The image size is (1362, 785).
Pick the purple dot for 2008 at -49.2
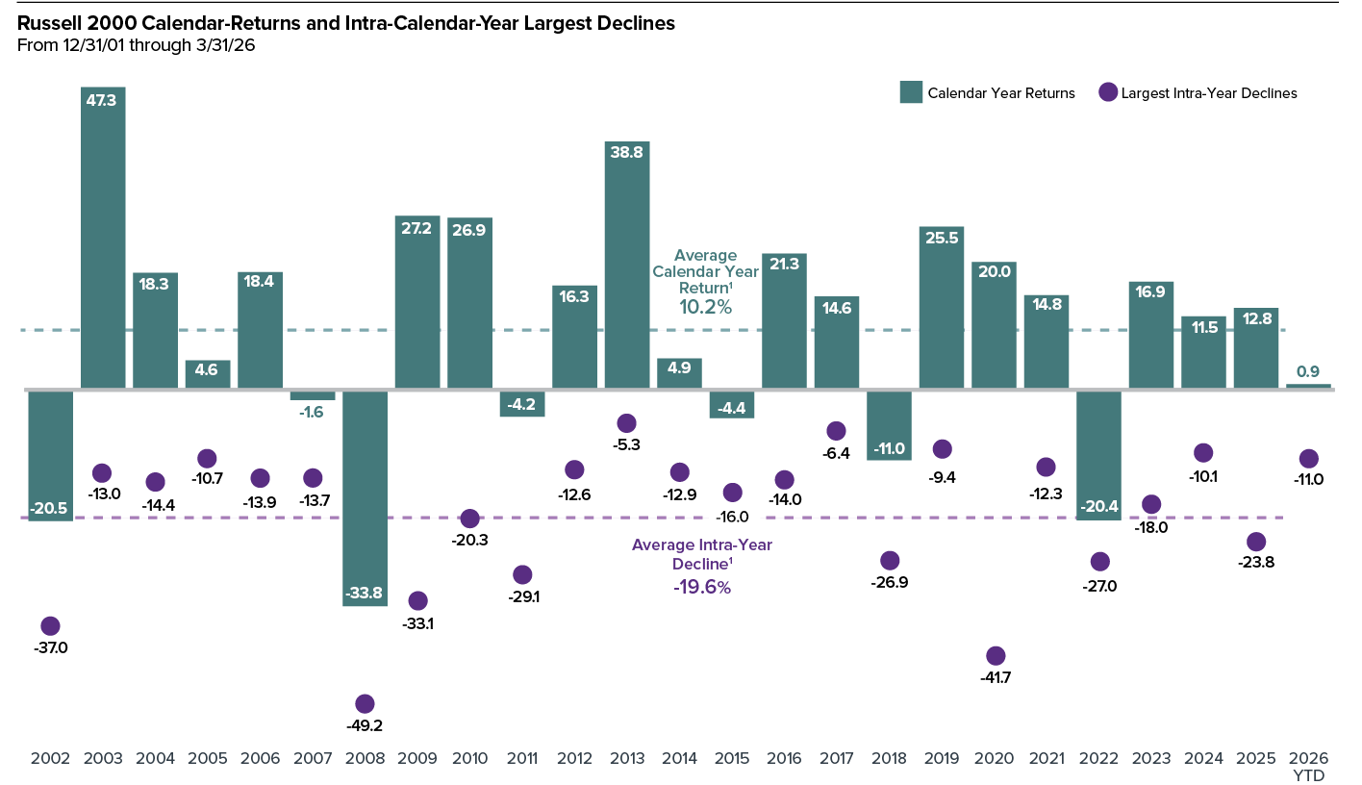[365, 704]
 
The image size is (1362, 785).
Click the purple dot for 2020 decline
[996, 656]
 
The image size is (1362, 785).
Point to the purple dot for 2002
[50, 626]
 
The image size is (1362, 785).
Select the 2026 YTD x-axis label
[1308, 765]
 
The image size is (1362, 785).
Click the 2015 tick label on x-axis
[732, 758]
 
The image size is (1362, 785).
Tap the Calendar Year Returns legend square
[910, 93]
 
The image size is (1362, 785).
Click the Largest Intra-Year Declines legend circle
[1107, 93]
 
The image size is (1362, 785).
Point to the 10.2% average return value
[706, 308]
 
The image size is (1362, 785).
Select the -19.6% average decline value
[702, 588]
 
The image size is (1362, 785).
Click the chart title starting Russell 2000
[346, 24]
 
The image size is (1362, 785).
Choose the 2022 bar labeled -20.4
[1098, 455]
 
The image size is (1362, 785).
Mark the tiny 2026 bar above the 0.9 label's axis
[1308, 387]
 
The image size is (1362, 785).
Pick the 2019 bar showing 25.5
[942, 308]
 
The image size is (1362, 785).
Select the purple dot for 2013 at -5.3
[626, 423]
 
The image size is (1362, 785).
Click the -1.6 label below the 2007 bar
[312, 412]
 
